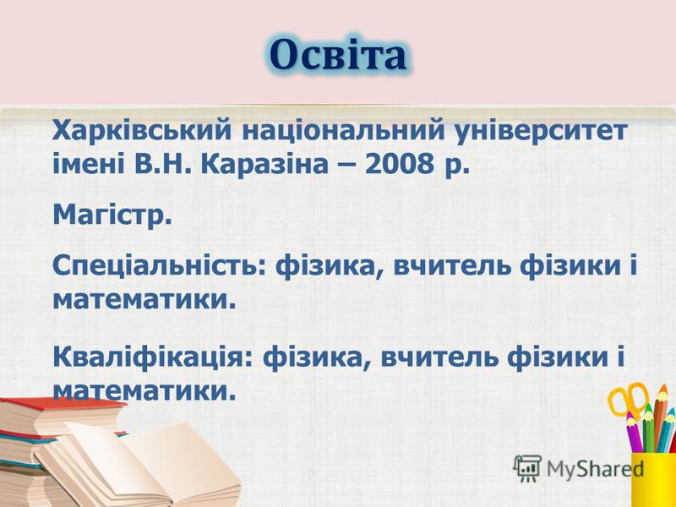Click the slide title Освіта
coord(338,55)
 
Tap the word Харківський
coord(142,130)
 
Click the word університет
coord(541,130)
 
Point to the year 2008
coord(399,164)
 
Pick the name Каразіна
coord(264,164)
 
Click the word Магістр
coord(112,215)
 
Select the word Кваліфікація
coord(152,357)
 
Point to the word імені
coord(89,164)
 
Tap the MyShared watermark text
coord(596,469)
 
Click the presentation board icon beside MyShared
coord(527,468)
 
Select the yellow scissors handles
coord(627,399)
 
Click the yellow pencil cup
coord(654,479)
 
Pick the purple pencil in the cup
coord(634,432)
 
